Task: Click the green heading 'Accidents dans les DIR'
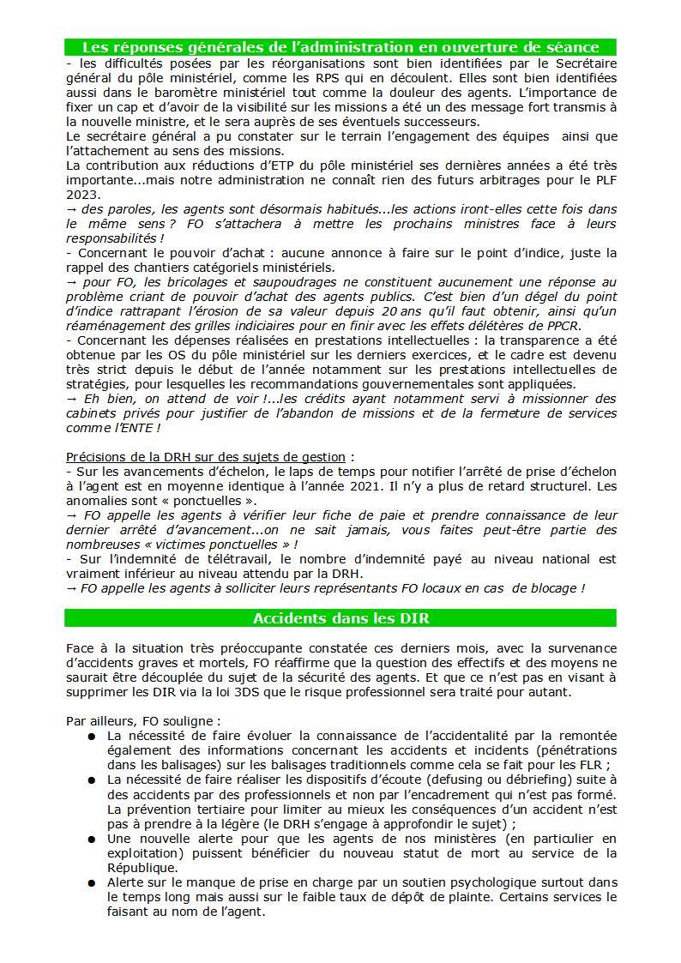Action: [340, 618]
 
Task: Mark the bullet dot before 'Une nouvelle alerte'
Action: [91, 839]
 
